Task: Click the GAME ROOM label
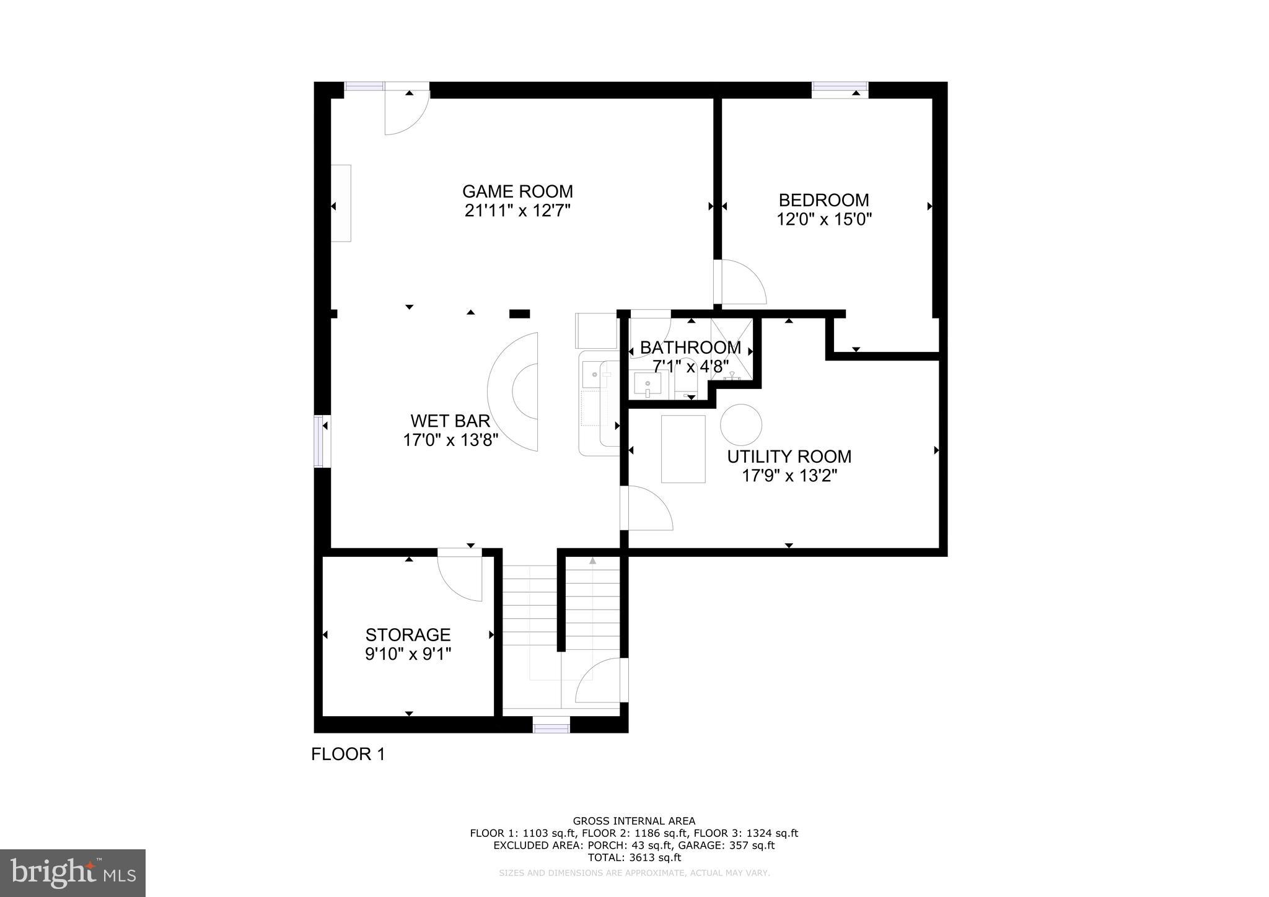pos(517,191)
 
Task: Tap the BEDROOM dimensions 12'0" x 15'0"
pos(824,219)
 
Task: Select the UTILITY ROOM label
pos(789,457)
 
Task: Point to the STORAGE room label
pos(408,634)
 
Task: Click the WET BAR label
pos(450,421)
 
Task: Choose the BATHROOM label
pos(690,348)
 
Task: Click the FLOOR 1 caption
pos(348,754)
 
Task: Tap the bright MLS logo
pos(73,873)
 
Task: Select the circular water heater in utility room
pos(741,424)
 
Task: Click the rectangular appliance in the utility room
pos(683,448)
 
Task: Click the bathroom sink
pos(648,385)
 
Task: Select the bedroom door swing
pos(742,282)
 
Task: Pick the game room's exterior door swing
pos(406,112)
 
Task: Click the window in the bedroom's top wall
pos(840,90)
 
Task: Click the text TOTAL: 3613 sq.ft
pos(634,857)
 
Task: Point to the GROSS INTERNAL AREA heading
pos(634,821)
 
